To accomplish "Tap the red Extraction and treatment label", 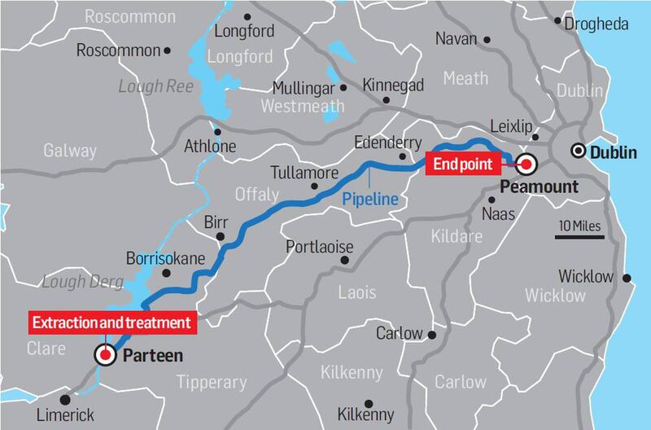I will [112, 322].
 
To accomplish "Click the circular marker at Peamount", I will [526, 165].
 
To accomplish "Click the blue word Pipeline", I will [369, 197].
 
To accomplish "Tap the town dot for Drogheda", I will [559, 24].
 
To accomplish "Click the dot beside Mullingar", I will [343, 87].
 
